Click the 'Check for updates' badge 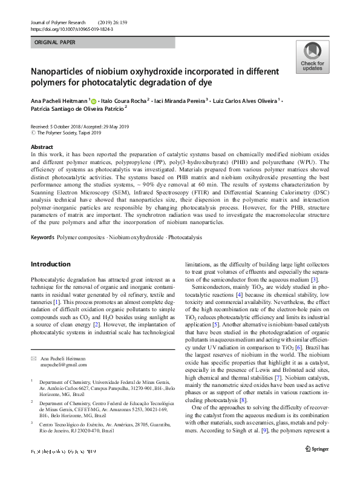pyautogui.click(x=312, y=58)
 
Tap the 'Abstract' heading pyautogui.click(x=41, y=147)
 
